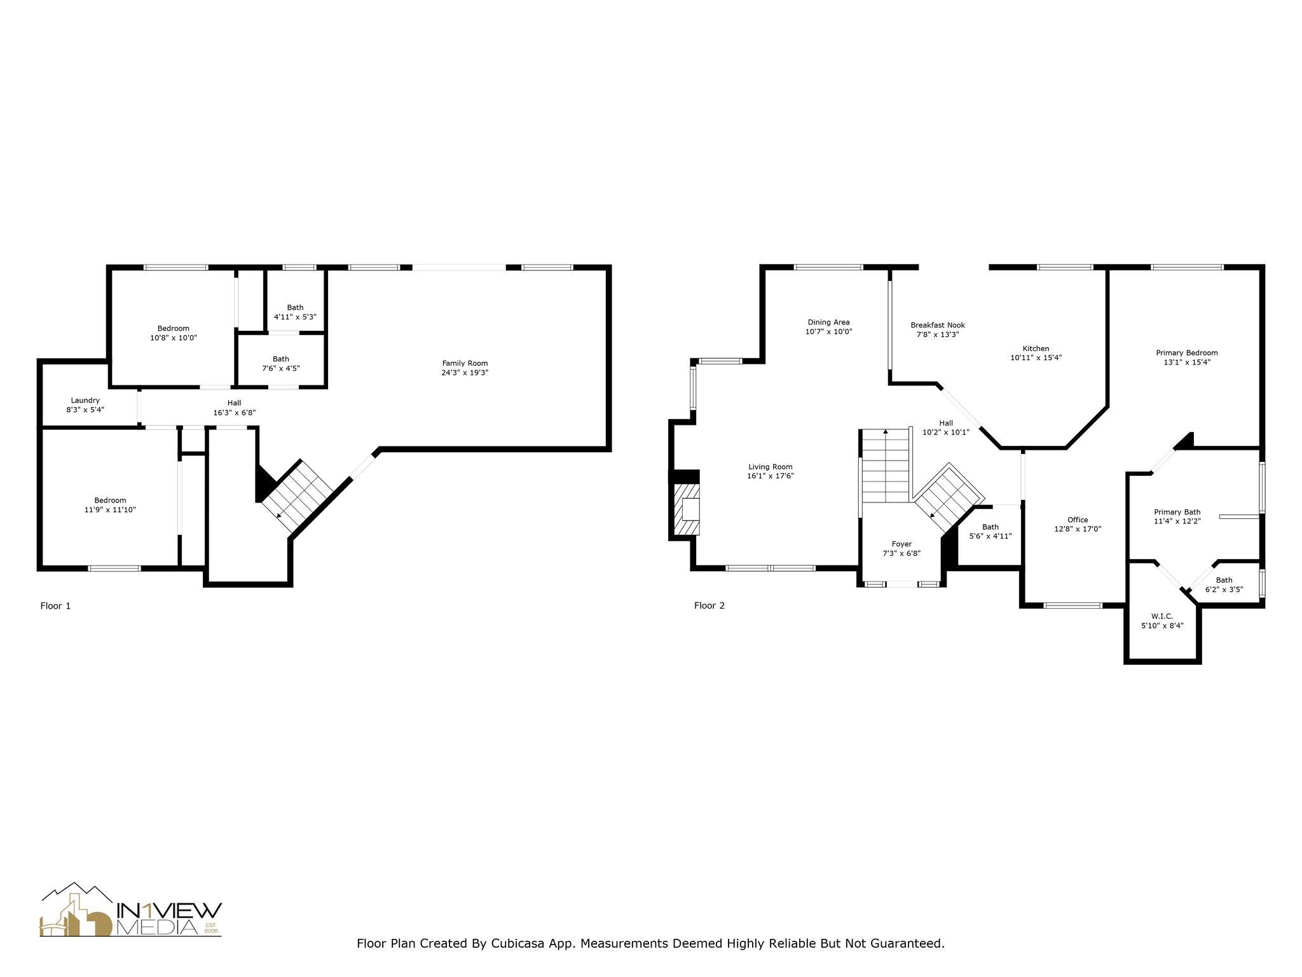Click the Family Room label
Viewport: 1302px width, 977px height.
tap(465, 363)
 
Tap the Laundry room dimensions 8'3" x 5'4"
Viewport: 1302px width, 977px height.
tap(85, 410)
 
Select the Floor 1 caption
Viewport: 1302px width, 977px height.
tap(55, 606)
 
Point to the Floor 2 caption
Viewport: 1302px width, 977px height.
tap(709, 606)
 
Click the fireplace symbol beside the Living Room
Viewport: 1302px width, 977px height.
tap(687, 509)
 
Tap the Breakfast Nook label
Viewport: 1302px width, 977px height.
tap(937, 325)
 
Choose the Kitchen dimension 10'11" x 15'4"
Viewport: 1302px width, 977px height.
tap(1036, 357)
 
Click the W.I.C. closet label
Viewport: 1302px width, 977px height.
tap(1162, 616)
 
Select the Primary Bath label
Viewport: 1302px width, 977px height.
tap(1177, 512)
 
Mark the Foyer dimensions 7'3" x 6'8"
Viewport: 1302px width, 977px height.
tap(901, 553)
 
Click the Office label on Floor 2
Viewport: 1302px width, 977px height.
tap(1078, 520)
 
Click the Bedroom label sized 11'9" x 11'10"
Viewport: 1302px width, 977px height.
tap(111, 501)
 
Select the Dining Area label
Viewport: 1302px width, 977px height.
tap(828, 322)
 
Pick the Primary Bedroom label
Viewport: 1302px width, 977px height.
tap(1186, 353)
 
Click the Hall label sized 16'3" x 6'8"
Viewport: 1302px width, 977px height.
tap(234, 403)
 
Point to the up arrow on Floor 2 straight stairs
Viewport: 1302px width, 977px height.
tap(886, 433)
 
